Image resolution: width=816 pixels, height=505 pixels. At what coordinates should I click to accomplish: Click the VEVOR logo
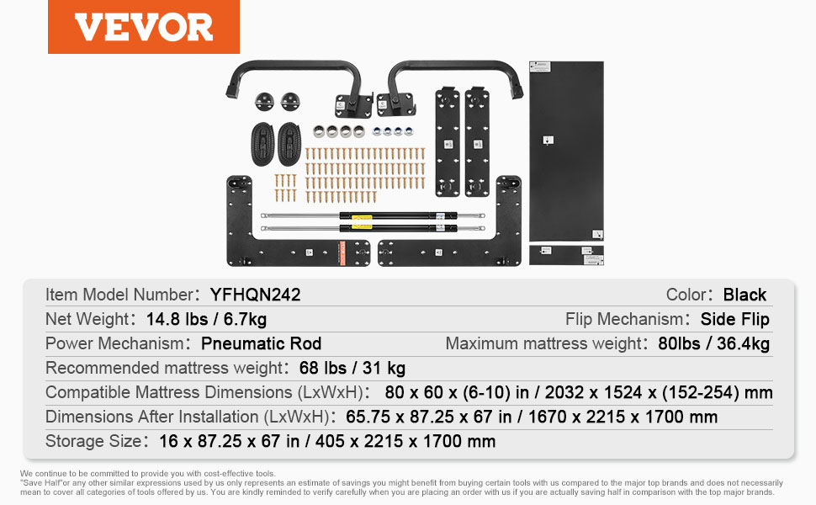144,27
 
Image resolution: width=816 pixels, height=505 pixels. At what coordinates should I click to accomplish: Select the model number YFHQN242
255,295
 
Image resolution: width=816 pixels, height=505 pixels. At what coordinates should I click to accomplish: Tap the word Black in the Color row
744,295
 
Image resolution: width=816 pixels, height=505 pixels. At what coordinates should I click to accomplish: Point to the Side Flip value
734,319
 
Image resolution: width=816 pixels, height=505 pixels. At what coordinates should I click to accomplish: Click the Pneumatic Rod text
262,343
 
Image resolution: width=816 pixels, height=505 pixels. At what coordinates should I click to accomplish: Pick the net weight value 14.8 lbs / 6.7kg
206,319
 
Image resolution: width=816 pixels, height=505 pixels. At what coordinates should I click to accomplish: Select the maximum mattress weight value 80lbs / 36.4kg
713,343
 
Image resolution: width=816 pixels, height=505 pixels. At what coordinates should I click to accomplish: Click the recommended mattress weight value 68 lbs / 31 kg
352,368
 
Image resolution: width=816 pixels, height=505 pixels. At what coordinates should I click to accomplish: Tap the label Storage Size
93,441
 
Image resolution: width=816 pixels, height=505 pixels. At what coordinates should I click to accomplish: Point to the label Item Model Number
119,295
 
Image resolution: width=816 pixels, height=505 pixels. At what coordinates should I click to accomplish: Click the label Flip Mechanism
624,319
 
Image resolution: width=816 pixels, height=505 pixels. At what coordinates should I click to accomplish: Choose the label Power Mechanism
114,343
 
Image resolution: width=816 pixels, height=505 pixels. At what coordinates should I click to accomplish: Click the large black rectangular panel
566,151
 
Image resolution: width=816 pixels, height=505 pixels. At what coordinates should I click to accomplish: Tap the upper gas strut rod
373,215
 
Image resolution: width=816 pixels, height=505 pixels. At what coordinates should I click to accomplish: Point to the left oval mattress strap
262,144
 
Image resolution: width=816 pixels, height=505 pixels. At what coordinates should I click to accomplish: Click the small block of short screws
285,188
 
